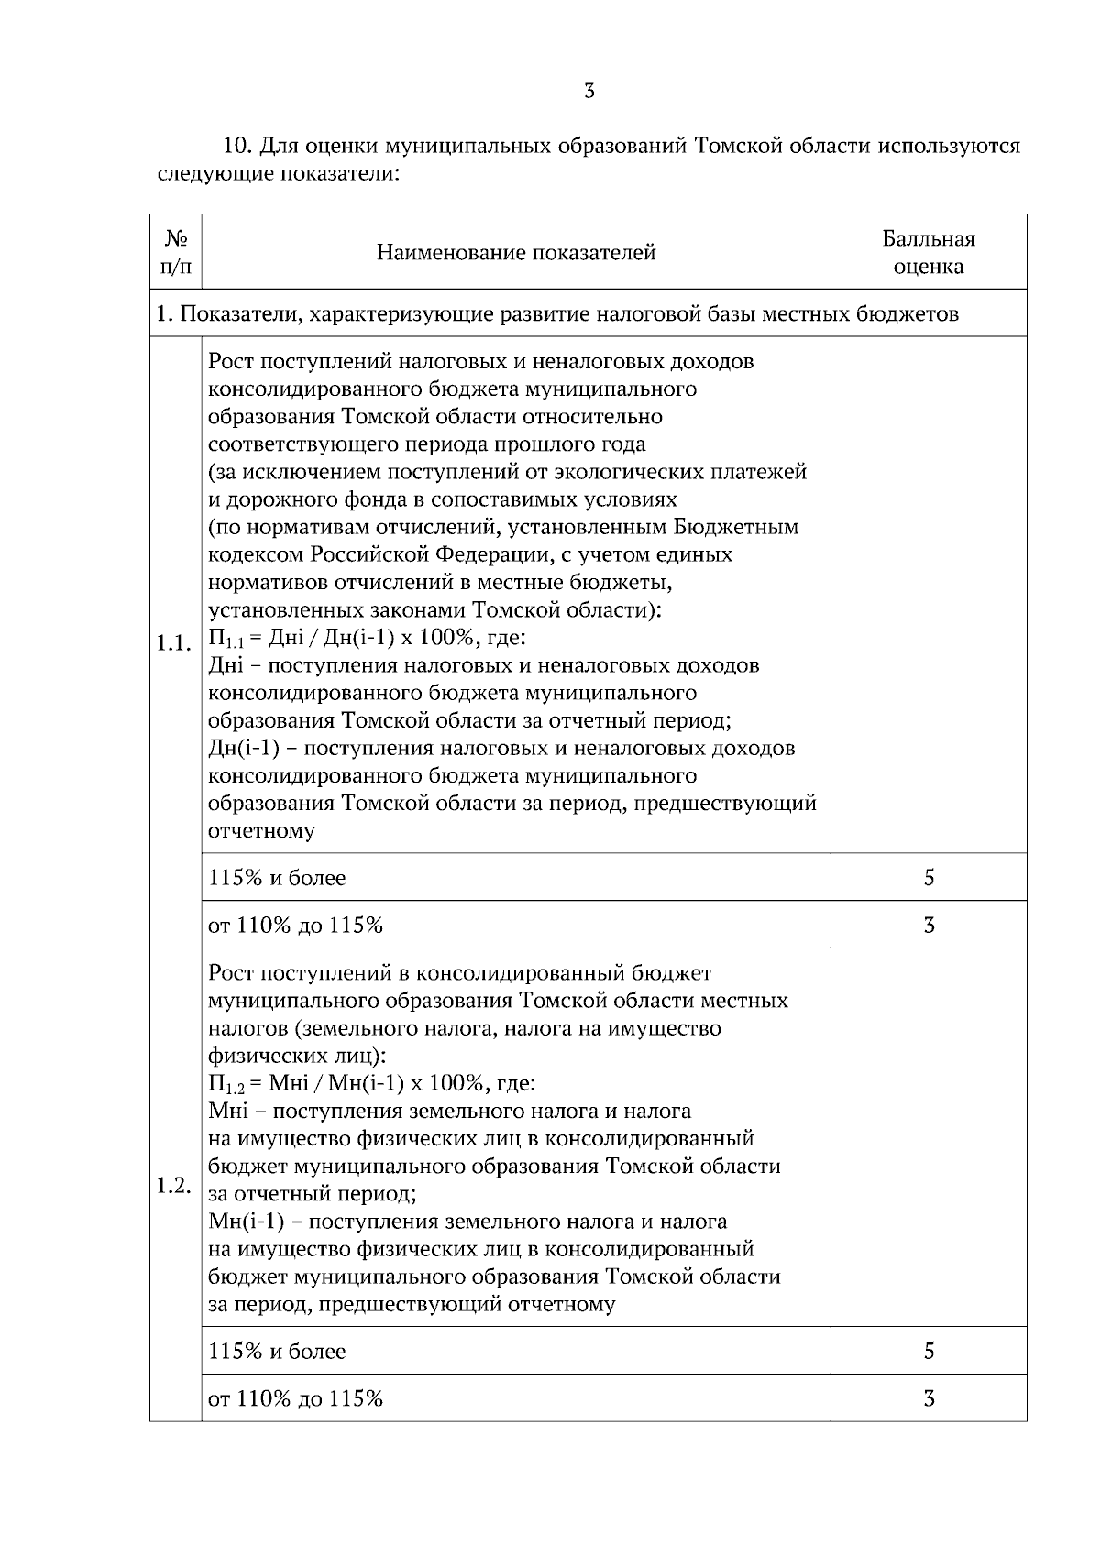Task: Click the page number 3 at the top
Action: (x=589, y=91)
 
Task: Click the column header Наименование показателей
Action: (x=516, y=253)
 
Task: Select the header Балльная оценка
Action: (x=928, y=253)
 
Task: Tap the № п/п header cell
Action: (x=176, y=253)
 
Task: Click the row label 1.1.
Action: (x=174, y=643)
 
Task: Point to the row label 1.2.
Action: (x=174, y=1186)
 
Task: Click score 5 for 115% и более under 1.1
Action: (x=929, y=878)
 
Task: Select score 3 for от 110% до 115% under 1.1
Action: (x=929, y=926)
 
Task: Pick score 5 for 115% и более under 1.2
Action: (x=929, y=1351)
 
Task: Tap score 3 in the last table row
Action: (x=929, y=1398)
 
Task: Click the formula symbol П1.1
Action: (x=226, y=639)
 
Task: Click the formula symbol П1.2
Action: (x=226, y=1085)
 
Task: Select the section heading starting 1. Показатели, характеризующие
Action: (x=557, y=314)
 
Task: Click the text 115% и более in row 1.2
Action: (x=277, y=1351)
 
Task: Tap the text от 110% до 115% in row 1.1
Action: (x=295, y=926)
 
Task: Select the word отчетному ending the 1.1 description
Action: (x=262, y=832)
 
